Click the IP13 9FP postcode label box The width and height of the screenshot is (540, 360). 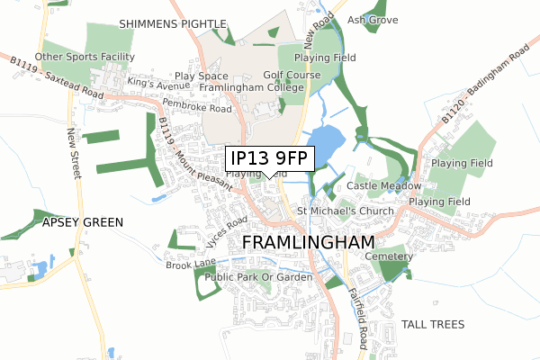[x=270, y=159]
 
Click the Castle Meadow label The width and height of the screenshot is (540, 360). [x=384, y=185]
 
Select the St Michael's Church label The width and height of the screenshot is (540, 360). [x=346, y=211]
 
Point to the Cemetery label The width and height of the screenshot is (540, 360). [x=389, y=256]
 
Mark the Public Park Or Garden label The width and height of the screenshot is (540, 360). [x=258, y=277]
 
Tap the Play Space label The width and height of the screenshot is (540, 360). [x=202, y=76]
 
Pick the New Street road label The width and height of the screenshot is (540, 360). [x=73, y=154]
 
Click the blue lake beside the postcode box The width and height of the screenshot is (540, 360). [x=328, y=142]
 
